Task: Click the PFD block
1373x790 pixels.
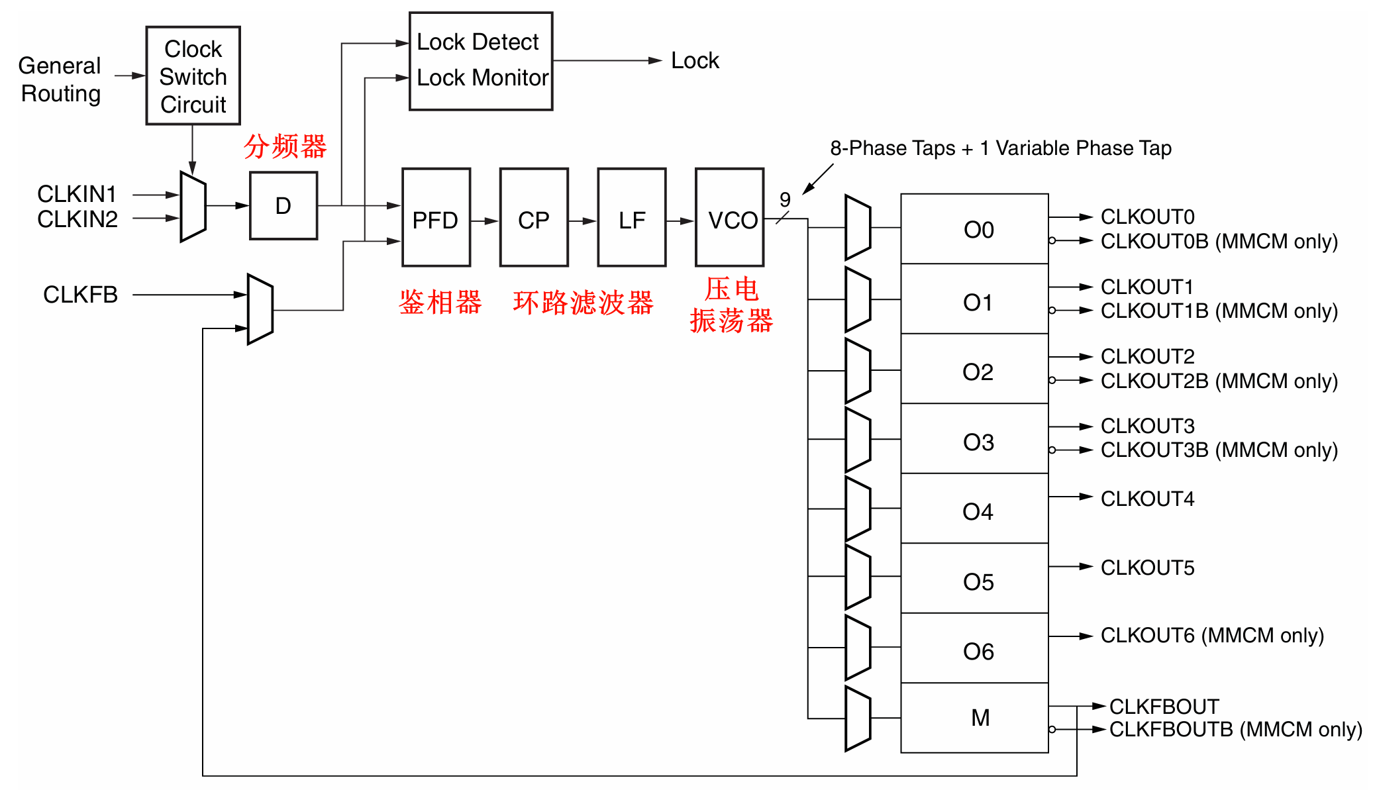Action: coord(436,217)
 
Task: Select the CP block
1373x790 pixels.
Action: coord(534,217)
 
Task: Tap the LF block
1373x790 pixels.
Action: coord(632,217)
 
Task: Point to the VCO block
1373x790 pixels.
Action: coord(730,217)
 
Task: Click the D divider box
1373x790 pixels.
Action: coord(283,206)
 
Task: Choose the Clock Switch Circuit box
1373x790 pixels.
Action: coord(193,75)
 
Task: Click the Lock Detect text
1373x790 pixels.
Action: coord(478,42)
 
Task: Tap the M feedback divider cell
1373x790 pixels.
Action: coord(974,718)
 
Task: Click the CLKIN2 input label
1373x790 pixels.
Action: coord(77,219)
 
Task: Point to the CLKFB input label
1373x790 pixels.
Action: coord(80,295)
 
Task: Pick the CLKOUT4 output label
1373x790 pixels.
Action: coord(1147,499)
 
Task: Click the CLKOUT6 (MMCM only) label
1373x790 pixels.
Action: coord(1212,636)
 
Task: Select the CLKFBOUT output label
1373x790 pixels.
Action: coord(1164,707)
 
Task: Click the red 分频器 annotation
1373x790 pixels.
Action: coord(285,146)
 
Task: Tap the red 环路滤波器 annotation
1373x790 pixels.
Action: coord(583,303)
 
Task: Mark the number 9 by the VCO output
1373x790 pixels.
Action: coord(785,199)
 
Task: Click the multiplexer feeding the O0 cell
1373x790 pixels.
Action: coord(858,227)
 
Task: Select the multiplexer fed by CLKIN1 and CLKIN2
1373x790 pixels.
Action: coord(193,207)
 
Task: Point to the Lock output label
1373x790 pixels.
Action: coord(695,61)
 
